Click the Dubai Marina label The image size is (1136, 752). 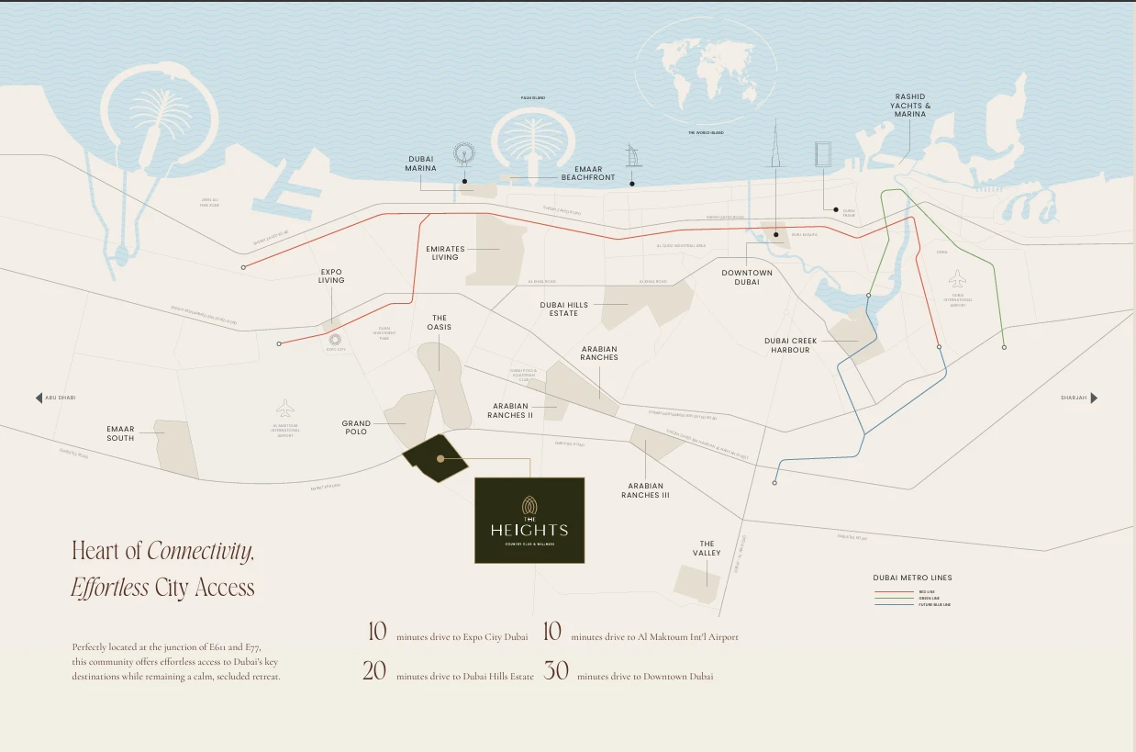pos(421,163)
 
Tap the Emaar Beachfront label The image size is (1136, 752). pos(587,173)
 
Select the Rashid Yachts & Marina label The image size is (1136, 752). pos(909,106)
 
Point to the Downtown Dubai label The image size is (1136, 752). pos(746,277)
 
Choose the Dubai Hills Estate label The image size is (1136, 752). pos(563,309)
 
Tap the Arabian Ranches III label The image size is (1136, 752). pos(645,490)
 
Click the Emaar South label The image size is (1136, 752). pos(120,433)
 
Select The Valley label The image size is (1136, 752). pos(707,548)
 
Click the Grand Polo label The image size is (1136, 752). pos(356,428)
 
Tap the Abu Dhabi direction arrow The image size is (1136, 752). pos(39,398)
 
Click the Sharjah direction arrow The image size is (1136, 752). pos(1093,398)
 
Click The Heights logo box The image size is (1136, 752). pos(529,520)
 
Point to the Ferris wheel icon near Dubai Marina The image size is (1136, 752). pos(465,155)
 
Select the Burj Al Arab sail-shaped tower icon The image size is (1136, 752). pos(632,156)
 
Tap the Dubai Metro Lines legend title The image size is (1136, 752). pos(912,578)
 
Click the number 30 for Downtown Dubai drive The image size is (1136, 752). pos(556,671)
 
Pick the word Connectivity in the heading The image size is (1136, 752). pos(200,551)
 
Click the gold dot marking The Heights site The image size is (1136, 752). pos(440,457)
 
